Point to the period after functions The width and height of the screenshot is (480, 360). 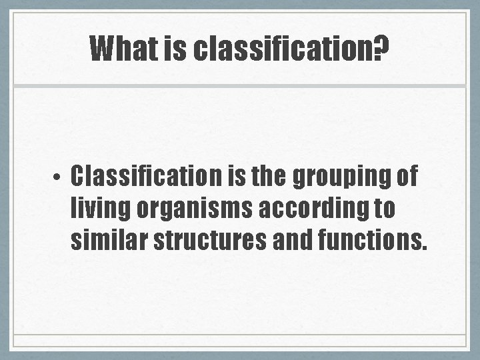pos(422,249)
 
